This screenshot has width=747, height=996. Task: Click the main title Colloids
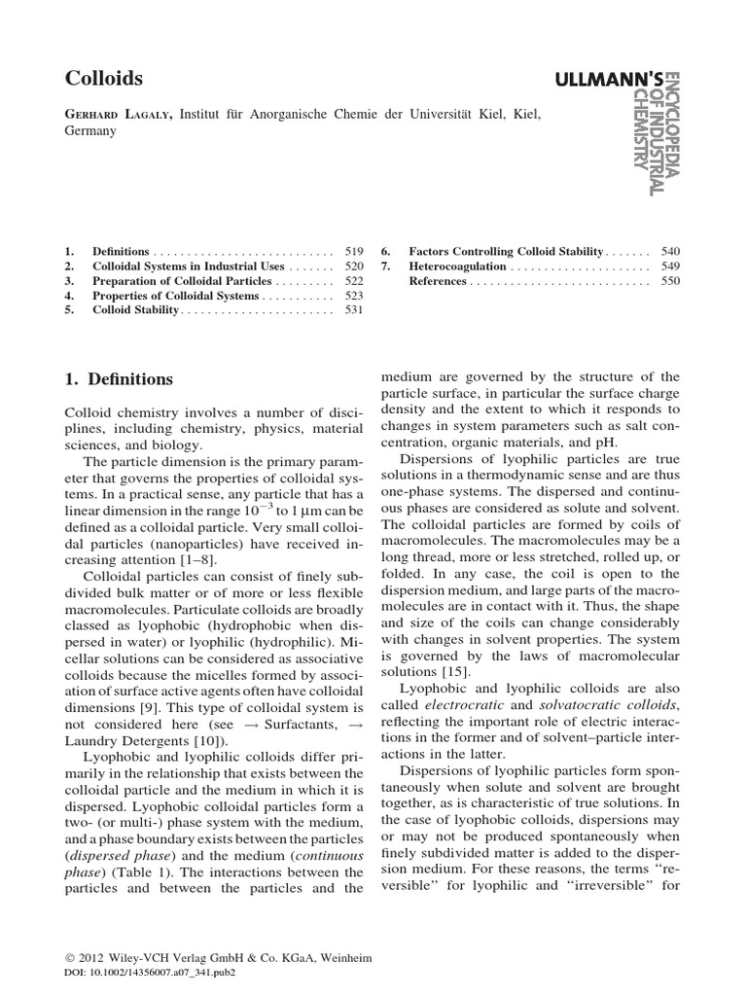pyautogui.click(x=103, y=78)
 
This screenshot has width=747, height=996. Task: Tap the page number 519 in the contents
pyautogui.click(x=353, y=250)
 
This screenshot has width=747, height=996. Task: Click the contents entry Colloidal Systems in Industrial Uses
pyautogui.click(x=189, y=266)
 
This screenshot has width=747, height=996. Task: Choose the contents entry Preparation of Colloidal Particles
pyautogui.click(x=182, y=280)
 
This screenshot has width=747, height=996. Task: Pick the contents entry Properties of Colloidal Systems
pyautogui.click(x=176, y=295)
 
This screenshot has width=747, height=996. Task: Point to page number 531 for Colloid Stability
pyautogui.click(x=353, y=310)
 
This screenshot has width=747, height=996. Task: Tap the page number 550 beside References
pyautogui.click(x=671, y=281)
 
